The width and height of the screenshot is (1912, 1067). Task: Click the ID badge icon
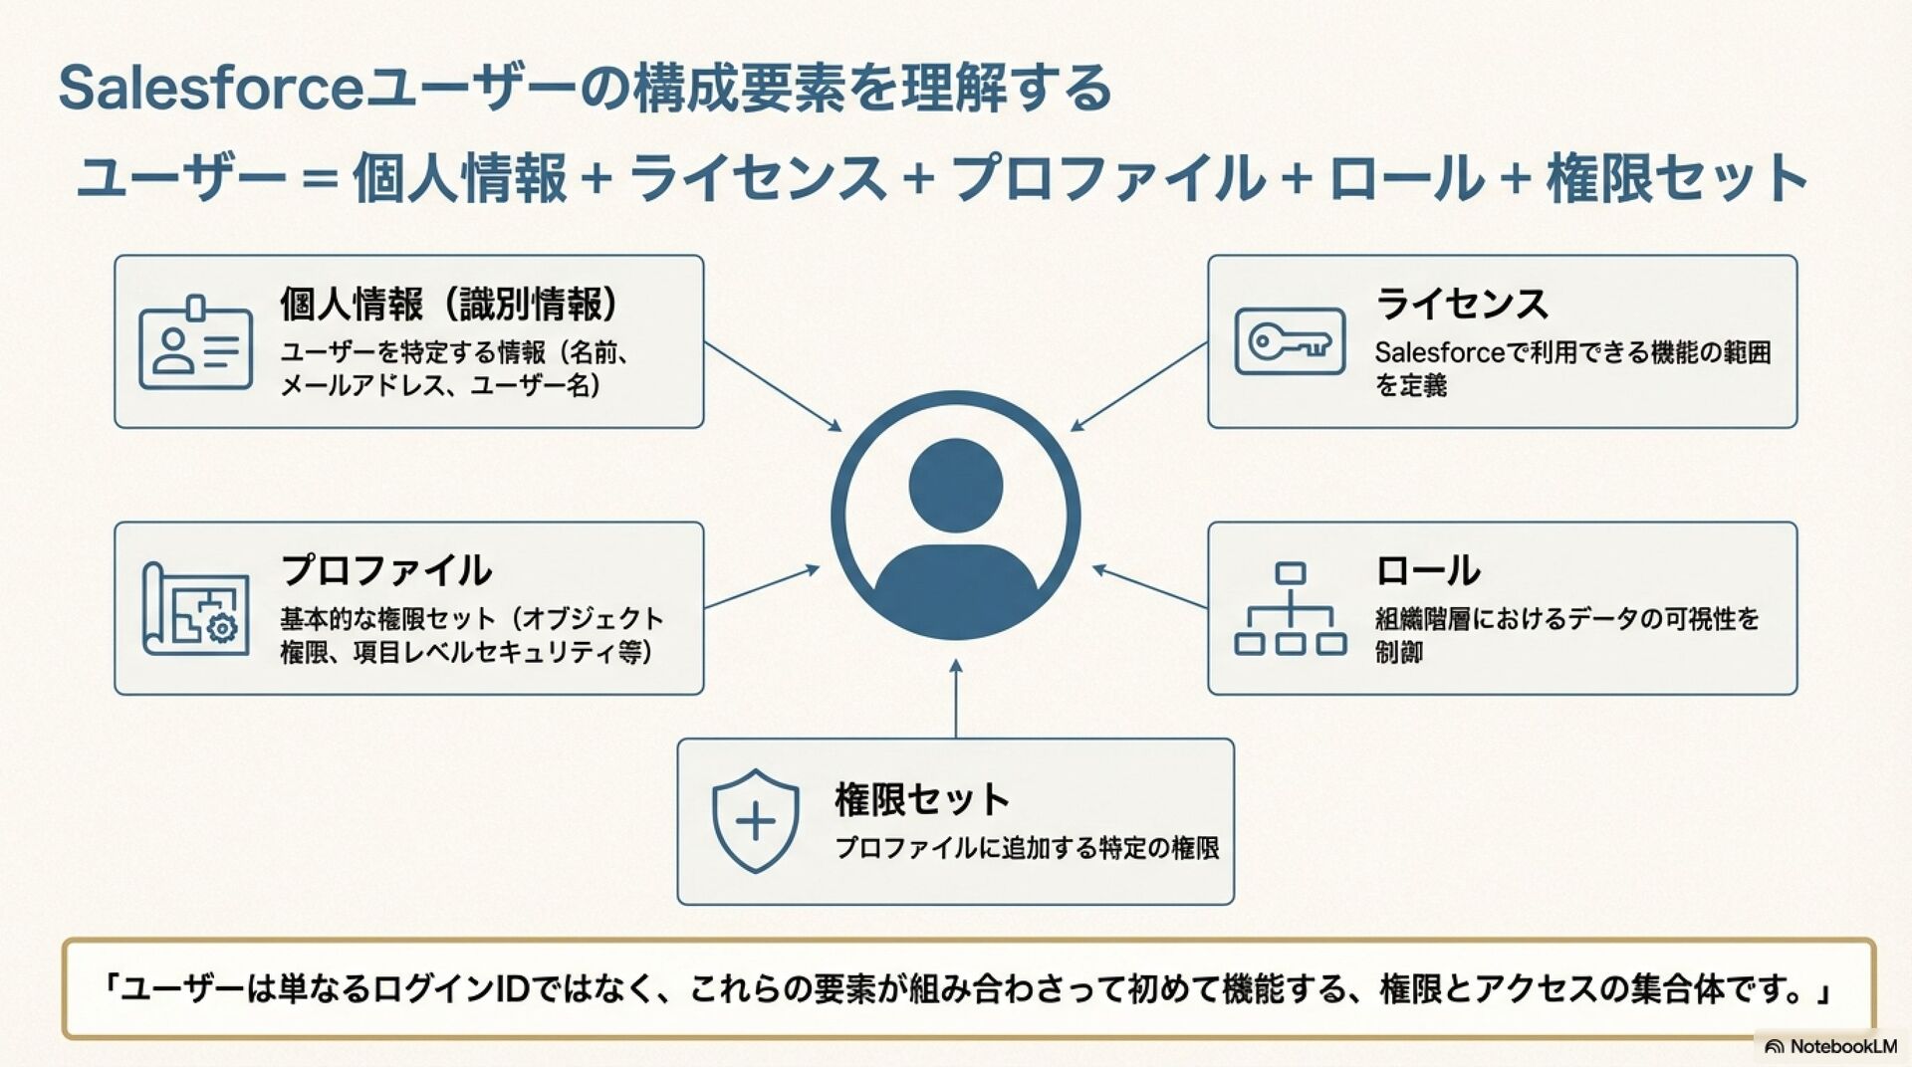[x=195, y=342]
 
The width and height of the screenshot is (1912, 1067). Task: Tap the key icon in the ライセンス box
[x=1290, y=341]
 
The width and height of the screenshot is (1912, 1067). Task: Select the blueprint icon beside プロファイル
[x=195, y=608]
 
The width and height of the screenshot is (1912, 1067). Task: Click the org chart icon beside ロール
[x=1290, y=608]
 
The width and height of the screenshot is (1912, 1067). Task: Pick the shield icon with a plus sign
[x=755, y=821]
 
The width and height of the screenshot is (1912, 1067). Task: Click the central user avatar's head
[x=956, y=485]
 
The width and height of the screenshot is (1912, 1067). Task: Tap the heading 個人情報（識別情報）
[x=449, y=304]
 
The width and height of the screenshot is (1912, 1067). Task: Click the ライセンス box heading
[x=1462, y=304]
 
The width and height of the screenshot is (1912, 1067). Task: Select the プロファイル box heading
[x=386, y=570]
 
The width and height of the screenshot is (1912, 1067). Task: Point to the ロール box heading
[x=1427, y=570]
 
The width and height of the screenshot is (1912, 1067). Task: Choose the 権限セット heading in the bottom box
[x=921, y=799]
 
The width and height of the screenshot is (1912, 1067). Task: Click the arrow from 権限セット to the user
[x=956, y=699]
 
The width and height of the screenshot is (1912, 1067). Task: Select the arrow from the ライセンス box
[x=1138, y=387]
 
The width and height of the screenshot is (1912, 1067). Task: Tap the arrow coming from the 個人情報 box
[x=773, y=386]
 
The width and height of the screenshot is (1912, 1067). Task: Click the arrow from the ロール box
[x=1149, y=587]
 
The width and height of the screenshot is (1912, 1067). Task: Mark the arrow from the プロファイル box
[x=762, y=587]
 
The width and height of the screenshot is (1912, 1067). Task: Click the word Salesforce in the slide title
[x=211, y=88]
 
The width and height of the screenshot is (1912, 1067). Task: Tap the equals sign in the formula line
[x=319, y=180]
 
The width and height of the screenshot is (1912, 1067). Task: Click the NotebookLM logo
[x=1830, y=1046]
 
